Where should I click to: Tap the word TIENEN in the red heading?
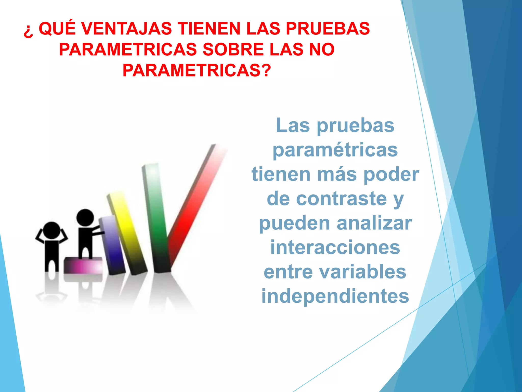(x=209, y=29)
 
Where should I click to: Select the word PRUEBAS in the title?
(x=328, y=29)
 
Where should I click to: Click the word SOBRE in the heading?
(x=233, y=50)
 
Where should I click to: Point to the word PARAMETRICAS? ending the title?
(x=197, y=70)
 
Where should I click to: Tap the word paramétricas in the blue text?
(x=335, y=150)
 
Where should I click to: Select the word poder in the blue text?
(x=391, y=175)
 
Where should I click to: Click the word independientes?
(x=335, y=296)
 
